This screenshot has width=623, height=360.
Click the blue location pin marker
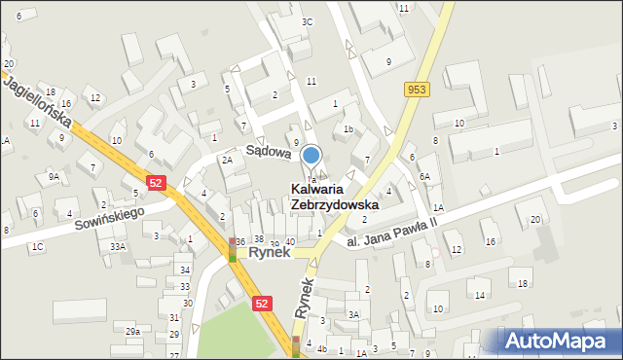click(311, 155)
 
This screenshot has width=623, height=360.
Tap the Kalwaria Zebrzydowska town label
click(334, 197)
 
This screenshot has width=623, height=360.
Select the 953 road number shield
click(418, 90)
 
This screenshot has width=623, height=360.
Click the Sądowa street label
click(268, 152)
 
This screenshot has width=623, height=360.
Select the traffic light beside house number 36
click(232, 250)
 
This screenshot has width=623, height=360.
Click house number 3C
click(307, 21)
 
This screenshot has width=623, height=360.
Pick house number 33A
click(118, 247)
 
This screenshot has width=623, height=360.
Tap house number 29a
click(132, 332)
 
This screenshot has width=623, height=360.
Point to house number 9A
click(55, 176)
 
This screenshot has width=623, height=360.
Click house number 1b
click(348, 128)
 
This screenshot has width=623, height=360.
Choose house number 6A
click(424, 176)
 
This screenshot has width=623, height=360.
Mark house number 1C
click(37, 247)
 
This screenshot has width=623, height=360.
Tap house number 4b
click(322, 348)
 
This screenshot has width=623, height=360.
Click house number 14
click(480, 294)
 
